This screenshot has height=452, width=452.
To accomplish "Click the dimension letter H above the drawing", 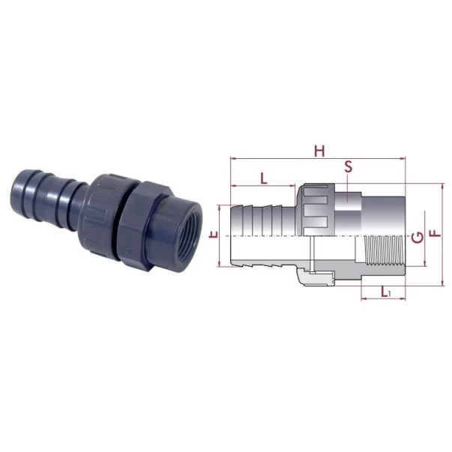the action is tap(319, 151).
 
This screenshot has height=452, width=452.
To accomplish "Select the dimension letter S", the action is tap(349, 166).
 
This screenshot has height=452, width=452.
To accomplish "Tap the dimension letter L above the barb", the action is tap(264, 178).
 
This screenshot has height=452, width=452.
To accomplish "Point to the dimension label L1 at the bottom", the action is tap(385, 292).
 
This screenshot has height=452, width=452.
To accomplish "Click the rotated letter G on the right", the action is tap(418, 237).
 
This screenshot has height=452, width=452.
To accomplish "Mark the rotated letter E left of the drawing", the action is tap(214, 234).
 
